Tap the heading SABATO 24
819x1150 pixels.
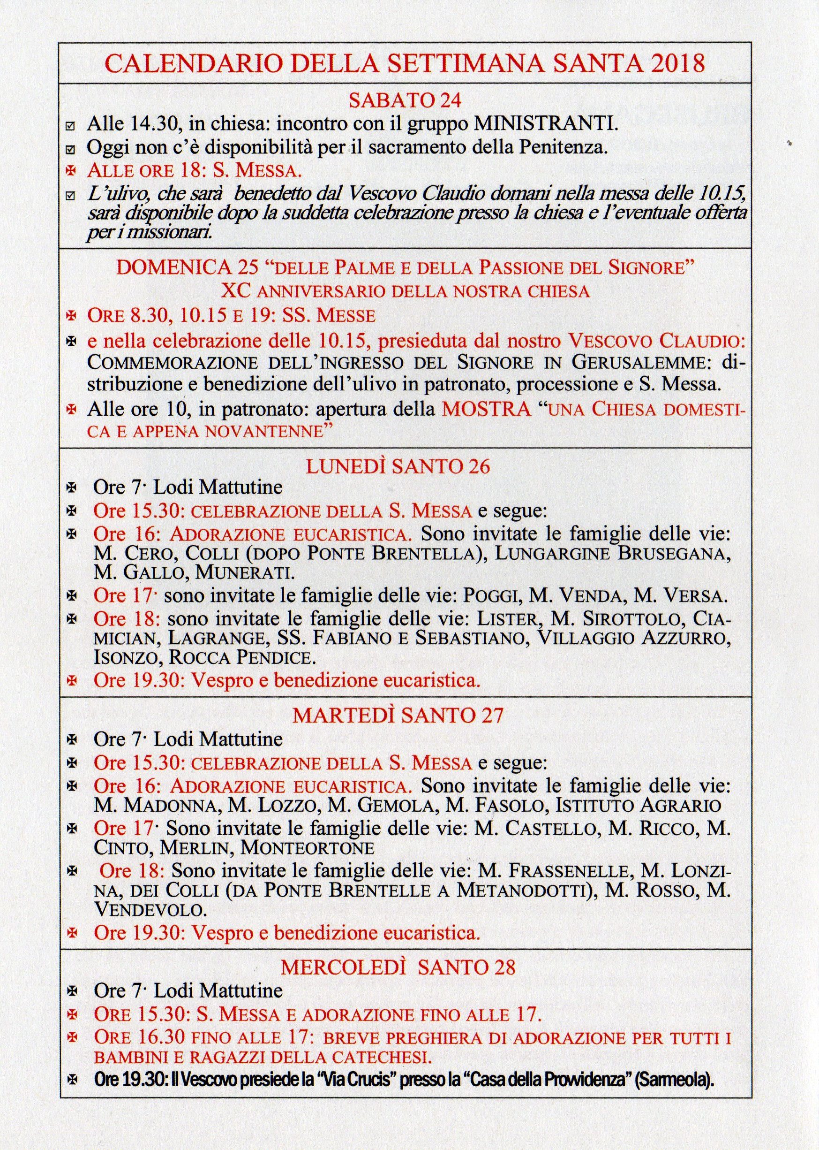tap(405, 101)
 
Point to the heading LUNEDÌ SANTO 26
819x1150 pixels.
tap(398, 466)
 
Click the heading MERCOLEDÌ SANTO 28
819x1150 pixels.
tap(398, 967)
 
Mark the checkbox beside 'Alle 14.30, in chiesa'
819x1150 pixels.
tap(71, 126)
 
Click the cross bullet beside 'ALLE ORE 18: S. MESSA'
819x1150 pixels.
tap(71, 171)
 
